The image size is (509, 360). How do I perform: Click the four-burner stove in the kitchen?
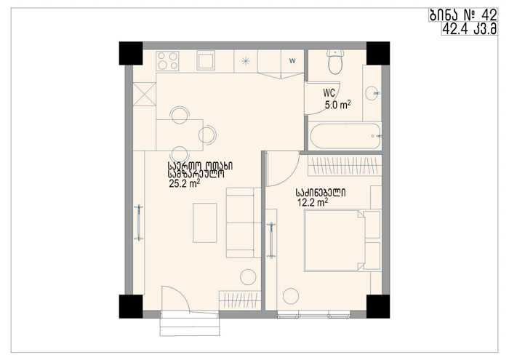tap(167, 60)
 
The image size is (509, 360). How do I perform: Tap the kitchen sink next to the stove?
tap(205, 60)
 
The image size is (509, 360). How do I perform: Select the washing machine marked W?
tap(292, 60)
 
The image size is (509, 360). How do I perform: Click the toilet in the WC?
tap(336, 62)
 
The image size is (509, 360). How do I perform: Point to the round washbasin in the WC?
tap(372, 93)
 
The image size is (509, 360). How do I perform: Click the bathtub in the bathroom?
tap(345, 136)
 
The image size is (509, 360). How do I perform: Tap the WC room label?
tap(329, 93)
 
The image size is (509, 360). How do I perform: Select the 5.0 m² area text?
tap(337, 105)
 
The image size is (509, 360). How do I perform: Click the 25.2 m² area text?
tap(184, 184)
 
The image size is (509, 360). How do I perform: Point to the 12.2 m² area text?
tap(312, 203)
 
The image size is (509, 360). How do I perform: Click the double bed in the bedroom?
tap(342, 240)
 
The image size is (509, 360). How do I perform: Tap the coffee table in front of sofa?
tap(205, 223)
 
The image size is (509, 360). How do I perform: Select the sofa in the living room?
tap(244, 223)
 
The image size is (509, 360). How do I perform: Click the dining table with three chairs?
tap(180, 135)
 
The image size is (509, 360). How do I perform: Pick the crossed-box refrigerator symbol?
tap(145, 94)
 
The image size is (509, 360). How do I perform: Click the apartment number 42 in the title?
tap(489, 15)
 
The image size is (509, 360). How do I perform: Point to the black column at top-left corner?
tap(131, 53)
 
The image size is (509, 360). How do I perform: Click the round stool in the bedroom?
tap(291, 296)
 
